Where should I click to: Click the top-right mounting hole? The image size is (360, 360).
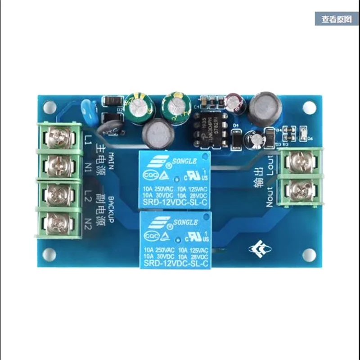309,107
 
